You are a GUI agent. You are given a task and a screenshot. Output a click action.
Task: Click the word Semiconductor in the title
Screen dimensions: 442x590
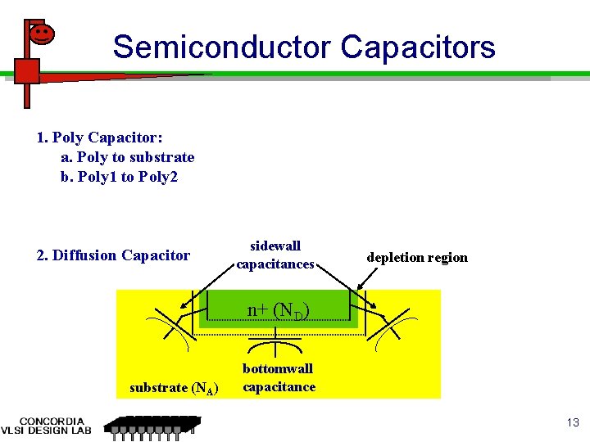[x=222, y=47]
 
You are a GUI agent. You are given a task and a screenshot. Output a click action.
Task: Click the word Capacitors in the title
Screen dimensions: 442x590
[x=418, y=47]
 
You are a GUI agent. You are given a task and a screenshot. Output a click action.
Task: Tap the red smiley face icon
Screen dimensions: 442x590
[x=41, y=34]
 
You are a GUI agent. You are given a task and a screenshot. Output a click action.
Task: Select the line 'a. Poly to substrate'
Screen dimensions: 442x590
[x=128, y=157]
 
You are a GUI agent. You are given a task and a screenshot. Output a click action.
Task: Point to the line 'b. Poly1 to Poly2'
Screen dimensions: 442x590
[x=120, y=177]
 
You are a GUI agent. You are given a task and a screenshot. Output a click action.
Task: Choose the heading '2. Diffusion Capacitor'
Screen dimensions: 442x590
[x=113, y=255]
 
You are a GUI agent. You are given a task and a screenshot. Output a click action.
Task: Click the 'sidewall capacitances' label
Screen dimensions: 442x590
[x=275, y=255]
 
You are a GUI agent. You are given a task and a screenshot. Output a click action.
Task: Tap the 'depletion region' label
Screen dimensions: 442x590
[x=417, y=257]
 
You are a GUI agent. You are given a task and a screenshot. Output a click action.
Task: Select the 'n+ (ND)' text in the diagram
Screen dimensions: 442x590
[x=278, y=310]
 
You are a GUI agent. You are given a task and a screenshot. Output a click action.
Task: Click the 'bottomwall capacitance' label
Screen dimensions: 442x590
[x=279, y=378]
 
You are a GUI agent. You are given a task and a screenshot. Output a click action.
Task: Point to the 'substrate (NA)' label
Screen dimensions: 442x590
[x=174, y=388]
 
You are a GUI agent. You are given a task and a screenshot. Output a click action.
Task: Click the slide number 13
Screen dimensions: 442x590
[x=572, y=422]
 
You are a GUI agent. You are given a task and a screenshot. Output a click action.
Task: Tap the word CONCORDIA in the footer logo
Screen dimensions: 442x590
[x=52, y=422]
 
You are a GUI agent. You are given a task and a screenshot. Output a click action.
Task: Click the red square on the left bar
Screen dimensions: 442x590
[x=27, y=70]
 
